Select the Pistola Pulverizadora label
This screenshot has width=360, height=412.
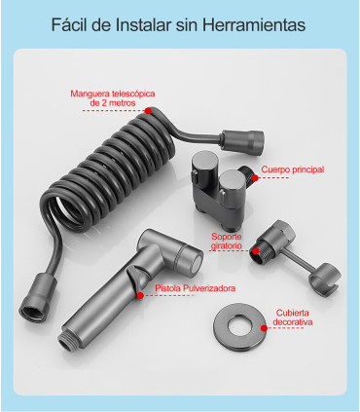click(x=195, y=288)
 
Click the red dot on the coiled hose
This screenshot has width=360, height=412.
click(x=148, y=111)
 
